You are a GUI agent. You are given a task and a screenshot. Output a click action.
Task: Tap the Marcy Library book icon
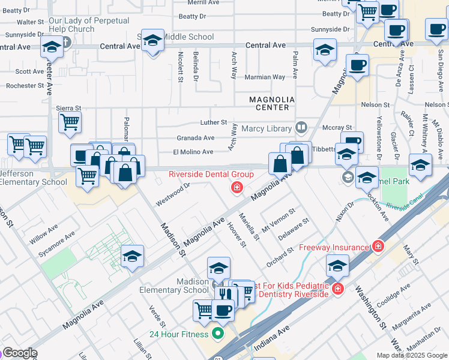[301, 128]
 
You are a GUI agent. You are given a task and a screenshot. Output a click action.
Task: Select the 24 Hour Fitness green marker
[218, 334]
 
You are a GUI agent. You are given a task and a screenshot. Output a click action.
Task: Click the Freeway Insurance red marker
[378, 246]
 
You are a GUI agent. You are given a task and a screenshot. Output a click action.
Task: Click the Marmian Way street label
[265, 77]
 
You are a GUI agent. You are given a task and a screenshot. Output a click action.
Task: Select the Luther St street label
[213, 122]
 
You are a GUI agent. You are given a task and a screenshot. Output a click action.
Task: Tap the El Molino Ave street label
[193, 152]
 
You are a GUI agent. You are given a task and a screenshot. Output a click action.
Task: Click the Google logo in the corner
[19, 353]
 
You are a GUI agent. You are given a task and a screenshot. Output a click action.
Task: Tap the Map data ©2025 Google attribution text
[411, 355]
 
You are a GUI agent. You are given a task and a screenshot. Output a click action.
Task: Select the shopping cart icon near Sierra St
[70, 123]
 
